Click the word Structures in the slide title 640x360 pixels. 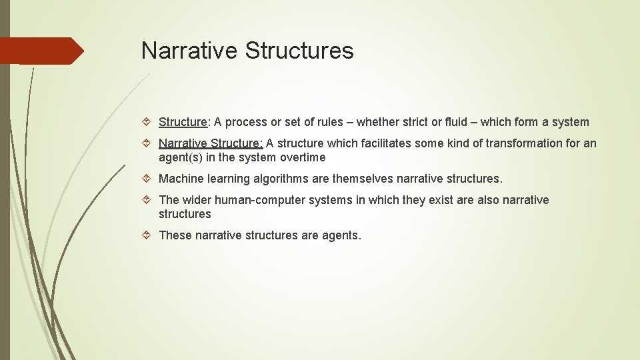point(299,50)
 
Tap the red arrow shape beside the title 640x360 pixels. point(43,51)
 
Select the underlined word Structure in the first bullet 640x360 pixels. point(183,122)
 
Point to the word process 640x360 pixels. point(246,122)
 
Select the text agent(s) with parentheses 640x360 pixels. point(181,158)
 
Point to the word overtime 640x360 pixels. point(303,158)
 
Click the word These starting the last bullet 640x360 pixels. point(175,235)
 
